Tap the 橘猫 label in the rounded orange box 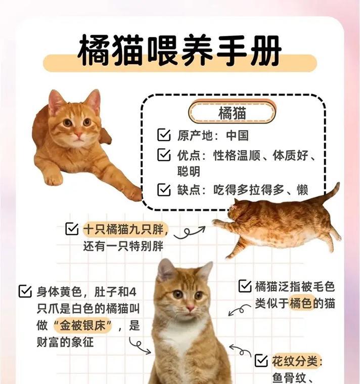point(232,113)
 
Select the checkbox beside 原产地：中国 point(164,135)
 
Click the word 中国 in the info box point(238,136)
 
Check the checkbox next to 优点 point(164,155)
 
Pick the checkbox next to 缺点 point(164,190)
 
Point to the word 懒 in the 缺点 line point(302,190)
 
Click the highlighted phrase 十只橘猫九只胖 point(124,229)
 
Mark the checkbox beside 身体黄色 point(24,291)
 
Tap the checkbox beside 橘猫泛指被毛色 point(245,286)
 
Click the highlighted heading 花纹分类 point(297,361)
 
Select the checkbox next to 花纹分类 point(261,361)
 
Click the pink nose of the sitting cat point(190,308)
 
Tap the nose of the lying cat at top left point(78,135)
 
